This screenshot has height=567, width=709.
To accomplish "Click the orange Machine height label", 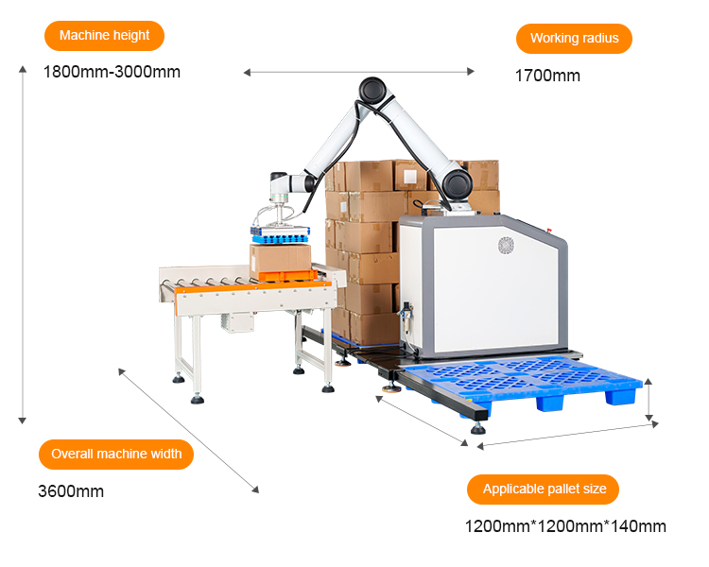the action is click(x=104, y=36).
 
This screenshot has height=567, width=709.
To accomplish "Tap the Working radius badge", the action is click(x=574, y=39).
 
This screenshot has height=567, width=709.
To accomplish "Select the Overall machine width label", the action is click(x=116, y=454).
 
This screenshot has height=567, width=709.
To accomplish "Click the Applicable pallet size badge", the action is click(x=543, y=490).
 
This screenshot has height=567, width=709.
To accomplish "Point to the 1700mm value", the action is click(x=547, y=76).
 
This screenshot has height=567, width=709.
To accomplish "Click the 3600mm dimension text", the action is click(x=71, y=491).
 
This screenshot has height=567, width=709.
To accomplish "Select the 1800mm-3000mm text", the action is click(x=112, y=72).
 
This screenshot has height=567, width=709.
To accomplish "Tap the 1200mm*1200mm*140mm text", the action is click(x=565, y=526).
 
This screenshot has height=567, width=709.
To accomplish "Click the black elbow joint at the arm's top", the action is click(x=372, y=90).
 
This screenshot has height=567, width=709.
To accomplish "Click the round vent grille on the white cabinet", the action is click(x=507, y=246).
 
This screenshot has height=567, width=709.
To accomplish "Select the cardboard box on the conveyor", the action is click(x=281, y=259).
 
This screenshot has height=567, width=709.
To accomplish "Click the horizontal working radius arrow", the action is click(x=359, y=72).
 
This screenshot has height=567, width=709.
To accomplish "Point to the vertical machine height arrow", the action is click(x=22, y=245).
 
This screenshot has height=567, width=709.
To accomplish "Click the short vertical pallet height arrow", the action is click(x=648, y=400).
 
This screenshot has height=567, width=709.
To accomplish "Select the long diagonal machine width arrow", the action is click(x=188, y=431).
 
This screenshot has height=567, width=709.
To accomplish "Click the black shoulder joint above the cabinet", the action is click(x=458, y=184).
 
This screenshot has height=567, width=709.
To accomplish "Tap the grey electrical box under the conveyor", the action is click(x=237, y=322).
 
